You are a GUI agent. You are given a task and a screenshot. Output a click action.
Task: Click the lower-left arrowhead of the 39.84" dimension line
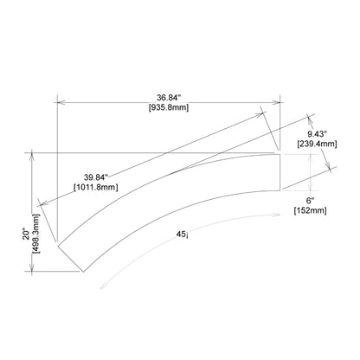[42, 203]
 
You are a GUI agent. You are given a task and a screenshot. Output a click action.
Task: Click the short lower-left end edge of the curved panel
[69, 256]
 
